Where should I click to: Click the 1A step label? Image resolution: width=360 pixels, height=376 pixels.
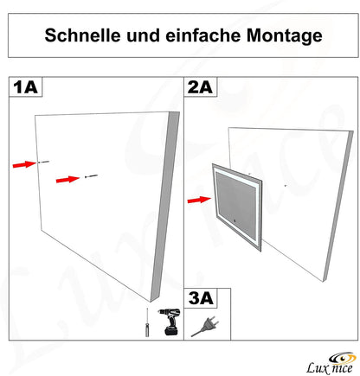pyautogui.click(x=25, y=86)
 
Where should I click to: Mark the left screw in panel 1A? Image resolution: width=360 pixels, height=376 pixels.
pyautogui.click(x=43, y=162)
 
